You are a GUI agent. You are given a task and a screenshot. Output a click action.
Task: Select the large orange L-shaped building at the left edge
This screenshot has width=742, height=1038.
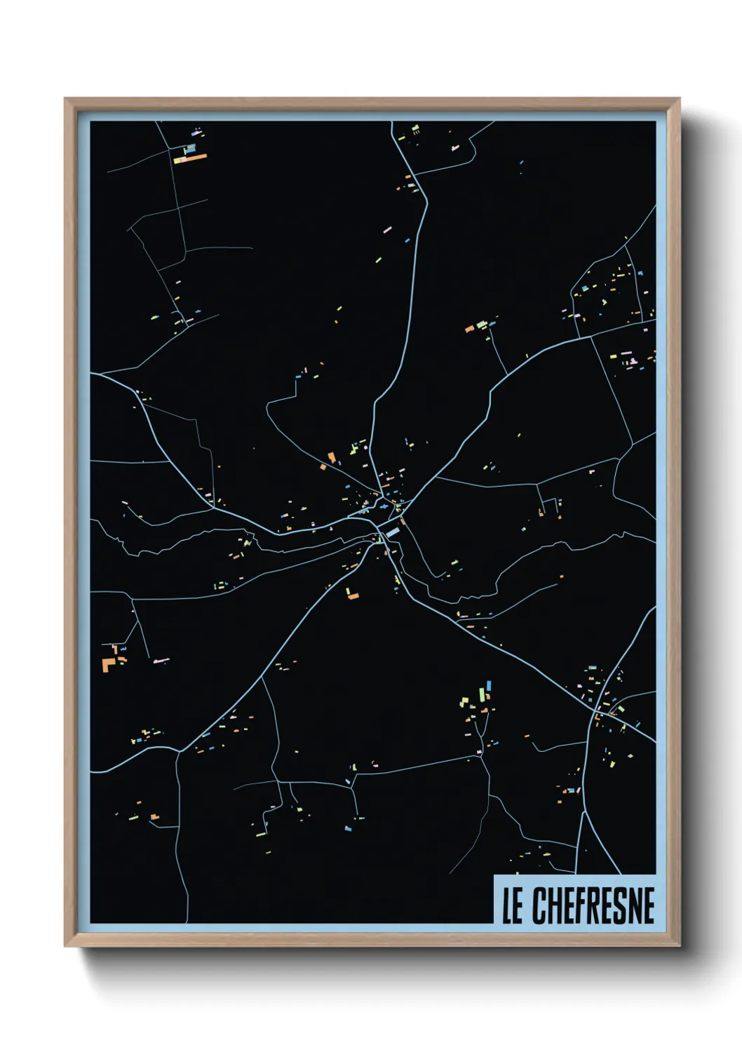point(108,664)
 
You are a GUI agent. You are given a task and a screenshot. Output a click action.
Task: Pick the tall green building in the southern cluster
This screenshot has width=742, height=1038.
point(481,694)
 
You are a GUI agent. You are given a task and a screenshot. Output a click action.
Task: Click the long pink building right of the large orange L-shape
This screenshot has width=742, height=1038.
point(161,660)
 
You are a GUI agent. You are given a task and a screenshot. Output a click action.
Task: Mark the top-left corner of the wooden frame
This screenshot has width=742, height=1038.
point(66,100)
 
